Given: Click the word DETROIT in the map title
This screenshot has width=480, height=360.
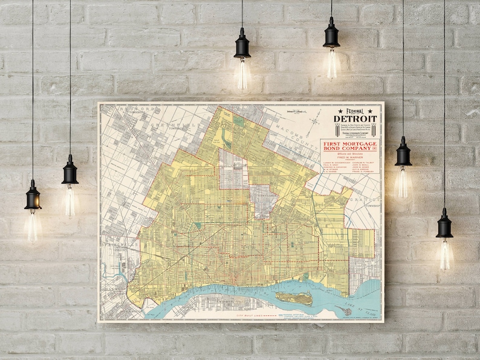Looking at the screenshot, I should click(x=355, y=118).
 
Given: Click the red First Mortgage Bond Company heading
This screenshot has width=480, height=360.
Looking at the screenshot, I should click(x=349, y=147).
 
